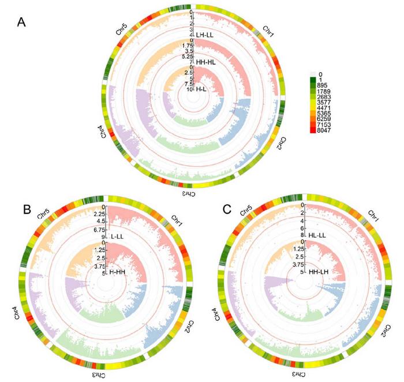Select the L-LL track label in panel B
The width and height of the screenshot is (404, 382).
118,237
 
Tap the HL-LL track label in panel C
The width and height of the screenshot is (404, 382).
319,235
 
